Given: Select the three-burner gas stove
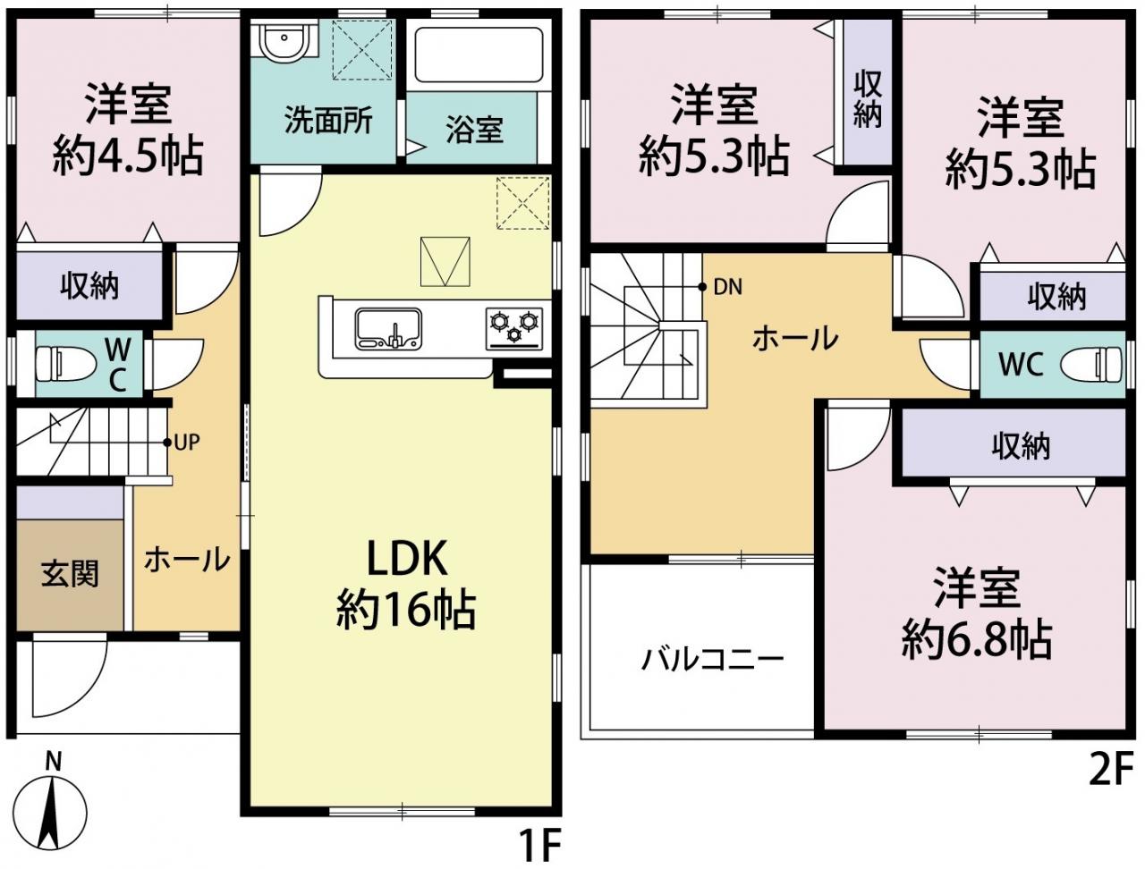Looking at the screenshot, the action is [x=514, y=328].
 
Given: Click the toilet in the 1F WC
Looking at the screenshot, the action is [x=65, y=363].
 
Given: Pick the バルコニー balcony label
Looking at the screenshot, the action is [x=713, y=660].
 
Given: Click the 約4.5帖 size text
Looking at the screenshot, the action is [x=128, y=155].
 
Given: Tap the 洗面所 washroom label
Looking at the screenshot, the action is [x=328, y=121].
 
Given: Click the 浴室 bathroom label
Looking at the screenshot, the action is [x=475, y=129].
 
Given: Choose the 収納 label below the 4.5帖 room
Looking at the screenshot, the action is [x=89, y=286].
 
